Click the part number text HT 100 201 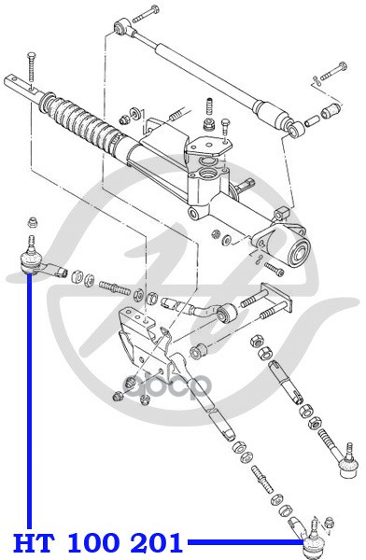[x=98, y=542]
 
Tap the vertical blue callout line [x=29, y=400]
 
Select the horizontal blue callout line [x=246, y=542]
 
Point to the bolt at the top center [x=146, y=14]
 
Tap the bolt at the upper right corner [x=333, y=72]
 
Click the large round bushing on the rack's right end [x=299, y=251]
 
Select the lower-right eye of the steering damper [x=295, y=130]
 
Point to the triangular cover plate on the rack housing [x=207, y=147]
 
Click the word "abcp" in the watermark [x=167, y=386]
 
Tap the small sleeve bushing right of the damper [x=330, y=111]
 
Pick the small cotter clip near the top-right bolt [x=316, y=80]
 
